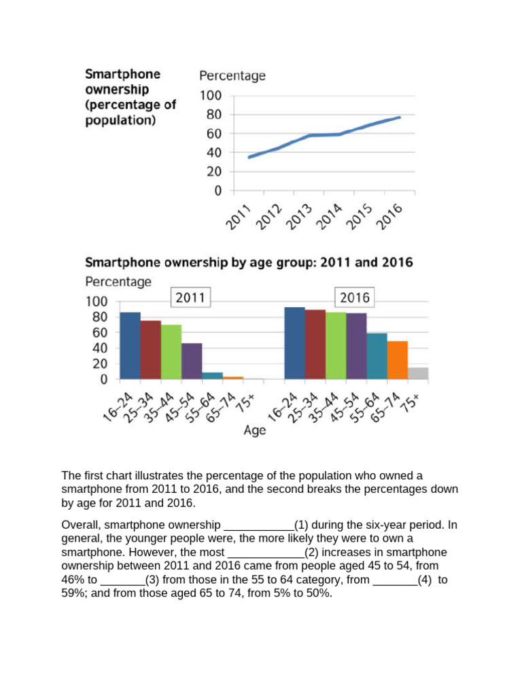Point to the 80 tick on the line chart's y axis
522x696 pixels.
[x=212, y=114]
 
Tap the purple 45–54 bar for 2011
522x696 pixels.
[x=192, y=361]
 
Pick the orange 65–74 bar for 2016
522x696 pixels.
[x=397, y=360]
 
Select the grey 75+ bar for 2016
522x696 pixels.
[x=417, y=373]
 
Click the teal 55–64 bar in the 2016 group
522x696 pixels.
[x=377, y=355]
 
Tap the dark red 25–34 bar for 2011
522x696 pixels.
[x=150, y=349]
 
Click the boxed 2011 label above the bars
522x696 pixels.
[x=190, y=297]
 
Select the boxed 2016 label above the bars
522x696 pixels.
[x=353, y=297]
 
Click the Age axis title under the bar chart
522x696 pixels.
[x=255, y=430]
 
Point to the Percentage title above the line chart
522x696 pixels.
[x=232, y=75]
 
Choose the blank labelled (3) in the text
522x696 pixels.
[x=123, y=580]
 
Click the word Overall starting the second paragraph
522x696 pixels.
[x=81, y=525]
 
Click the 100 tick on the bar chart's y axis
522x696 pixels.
[x=96, y=301]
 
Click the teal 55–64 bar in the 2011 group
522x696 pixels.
[x=212, y=375]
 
